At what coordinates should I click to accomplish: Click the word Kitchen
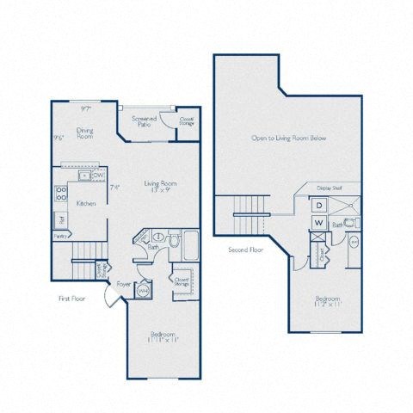coord(85,203)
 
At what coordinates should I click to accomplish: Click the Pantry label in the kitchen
coord(59,234)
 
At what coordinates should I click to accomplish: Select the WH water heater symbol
coord(144,290)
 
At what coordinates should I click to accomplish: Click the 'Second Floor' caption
coord(244,251)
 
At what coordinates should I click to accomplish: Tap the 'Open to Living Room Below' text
coord(288,138)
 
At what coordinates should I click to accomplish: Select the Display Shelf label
coord(330,187)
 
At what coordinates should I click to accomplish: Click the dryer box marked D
coord(318,205)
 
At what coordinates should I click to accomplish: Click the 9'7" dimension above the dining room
coord(86,108)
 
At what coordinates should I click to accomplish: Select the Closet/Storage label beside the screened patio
coord(187,121)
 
